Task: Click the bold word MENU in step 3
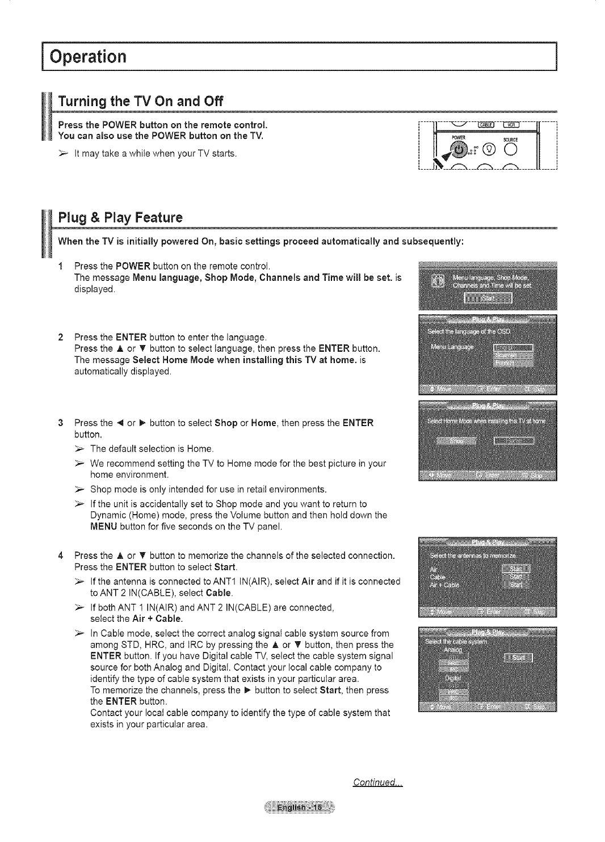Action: point(104,527)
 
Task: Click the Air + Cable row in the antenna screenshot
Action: point(445,584)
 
